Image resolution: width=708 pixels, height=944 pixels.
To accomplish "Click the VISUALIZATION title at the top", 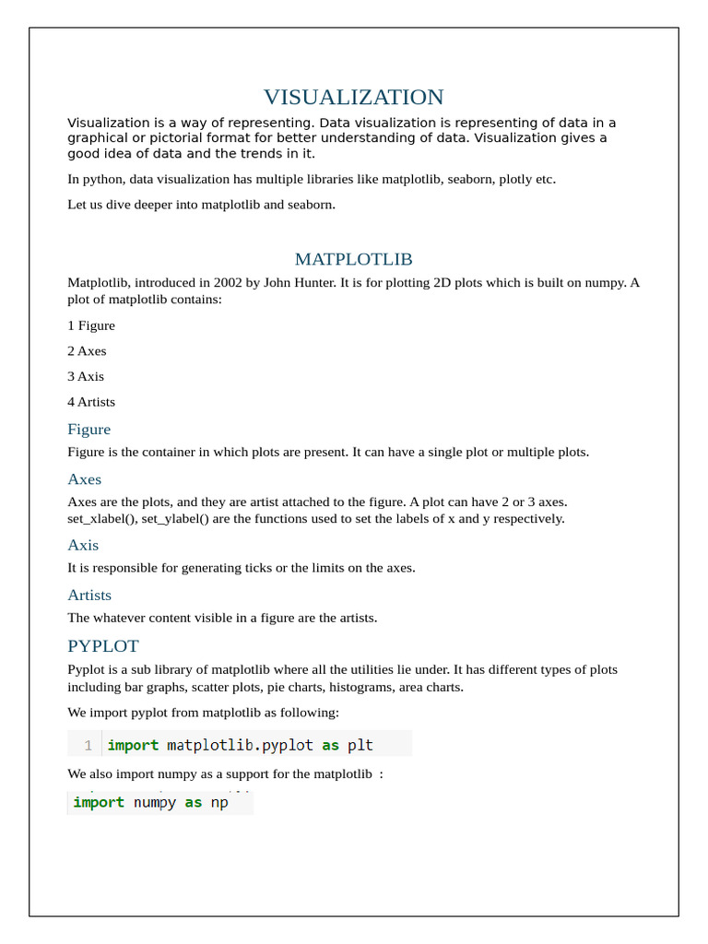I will [x=353, y=97].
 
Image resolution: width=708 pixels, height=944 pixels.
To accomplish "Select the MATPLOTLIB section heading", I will [x=353, y=259].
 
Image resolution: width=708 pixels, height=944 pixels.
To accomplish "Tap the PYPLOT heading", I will [x=103, y=646].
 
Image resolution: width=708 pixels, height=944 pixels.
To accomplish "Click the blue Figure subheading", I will [x=88, y=429].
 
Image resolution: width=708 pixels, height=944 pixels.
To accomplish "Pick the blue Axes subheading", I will [x=84, y=479].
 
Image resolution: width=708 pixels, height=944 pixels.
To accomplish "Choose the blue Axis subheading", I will [x=83, y=545].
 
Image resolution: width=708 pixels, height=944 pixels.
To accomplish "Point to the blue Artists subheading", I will [x=89, y=595].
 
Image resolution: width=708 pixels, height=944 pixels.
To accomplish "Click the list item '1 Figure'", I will [x=91, y=325].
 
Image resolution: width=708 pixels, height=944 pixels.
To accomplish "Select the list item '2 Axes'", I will [x=87, y=351].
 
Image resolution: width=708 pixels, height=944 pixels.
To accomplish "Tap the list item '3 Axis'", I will [x=86, y=376].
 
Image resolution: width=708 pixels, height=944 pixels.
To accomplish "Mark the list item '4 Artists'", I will [x=91, y=402].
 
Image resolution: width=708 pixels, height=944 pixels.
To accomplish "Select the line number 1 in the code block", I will [x=88, y=745].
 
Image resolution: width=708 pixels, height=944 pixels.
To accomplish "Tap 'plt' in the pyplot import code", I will [x=360, y=745].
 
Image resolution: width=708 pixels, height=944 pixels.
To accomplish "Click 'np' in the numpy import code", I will [x=219, y=802].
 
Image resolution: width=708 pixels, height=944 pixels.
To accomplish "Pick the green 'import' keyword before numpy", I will [x=99, y=802].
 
